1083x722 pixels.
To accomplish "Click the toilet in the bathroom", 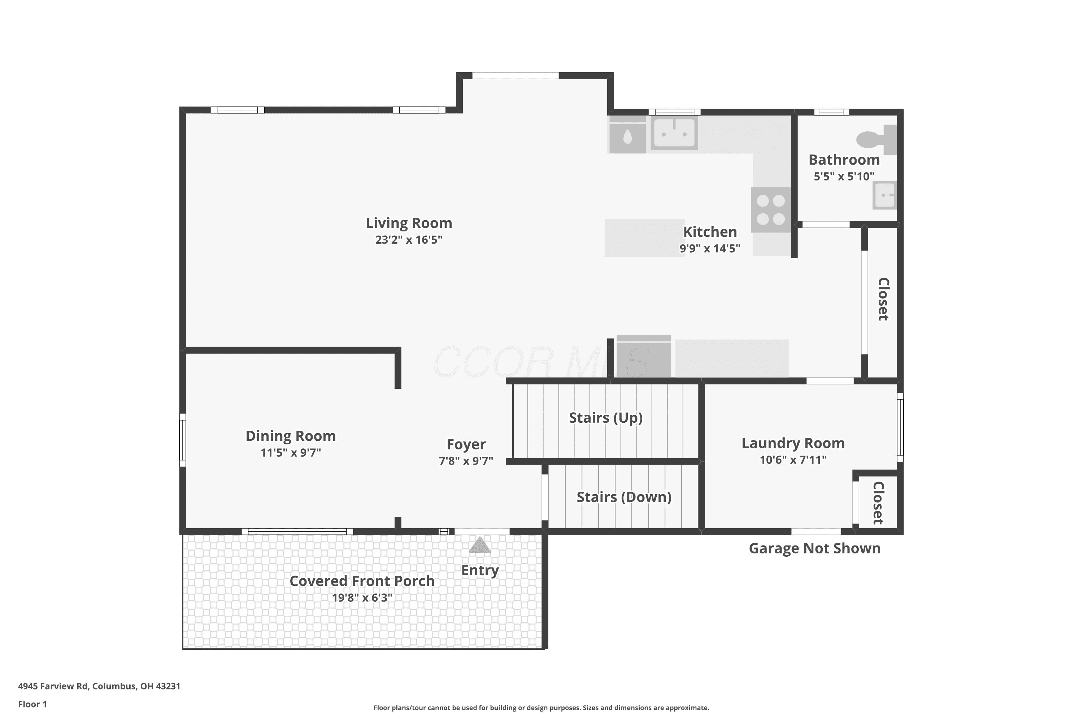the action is click(876, 139).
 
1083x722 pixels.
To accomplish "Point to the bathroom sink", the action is click(884, 195).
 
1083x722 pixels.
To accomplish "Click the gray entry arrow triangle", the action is click(480, 544).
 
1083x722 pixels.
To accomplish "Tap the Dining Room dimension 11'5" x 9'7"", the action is click(291, 453).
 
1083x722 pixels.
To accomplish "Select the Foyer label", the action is click(466, 444).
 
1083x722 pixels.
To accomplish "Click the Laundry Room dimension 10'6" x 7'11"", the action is click(793, 460).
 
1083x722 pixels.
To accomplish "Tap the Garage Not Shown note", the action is click(814, 548).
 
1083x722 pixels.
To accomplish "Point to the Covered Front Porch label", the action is click(362, 581).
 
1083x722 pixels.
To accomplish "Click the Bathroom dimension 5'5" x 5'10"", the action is click(844, 177).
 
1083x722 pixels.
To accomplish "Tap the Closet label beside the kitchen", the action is click(883, 299).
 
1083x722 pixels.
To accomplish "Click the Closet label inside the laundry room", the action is click(878, 503).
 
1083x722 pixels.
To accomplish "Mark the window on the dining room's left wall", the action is click(182, 440).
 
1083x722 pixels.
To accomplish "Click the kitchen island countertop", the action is click(644, 238).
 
